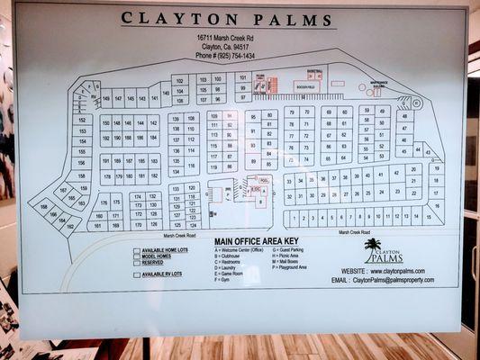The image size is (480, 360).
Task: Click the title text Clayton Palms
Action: point(227,18)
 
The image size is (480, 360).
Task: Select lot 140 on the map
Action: point(167,96)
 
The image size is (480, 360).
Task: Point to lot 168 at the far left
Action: point(43,207)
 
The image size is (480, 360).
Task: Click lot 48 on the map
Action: point(404,115)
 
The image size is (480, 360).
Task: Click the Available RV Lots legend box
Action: point(137,274)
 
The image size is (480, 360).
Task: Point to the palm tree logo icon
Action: point(373,244)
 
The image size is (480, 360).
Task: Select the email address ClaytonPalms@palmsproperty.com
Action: point(382,281)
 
